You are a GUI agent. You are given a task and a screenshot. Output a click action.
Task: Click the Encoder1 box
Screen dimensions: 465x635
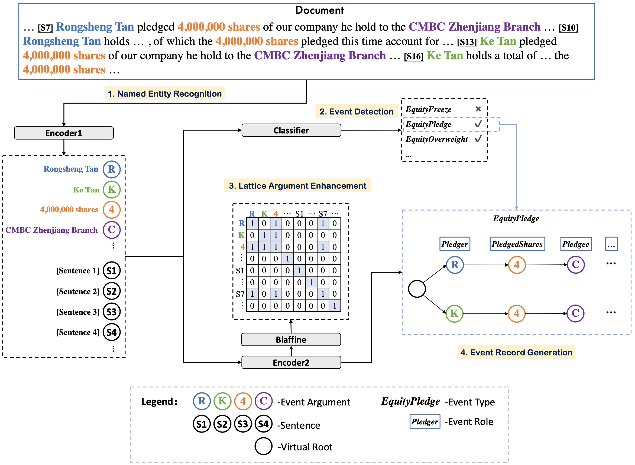[x=64, y=133]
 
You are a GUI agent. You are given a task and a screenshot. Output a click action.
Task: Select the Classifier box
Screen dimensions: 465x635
[x=291, y=130]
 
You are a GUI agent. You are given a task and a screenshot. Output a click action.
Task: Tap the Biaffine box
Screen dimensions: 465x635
[x=291, y=339]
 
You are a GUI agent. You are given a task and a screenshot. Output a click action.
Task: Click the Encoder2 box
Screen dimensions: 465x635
[x=291, y=362]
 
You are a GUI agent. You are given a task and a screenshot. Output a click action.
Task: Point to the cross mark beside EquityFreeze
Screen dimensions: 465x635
[x=478, y=109]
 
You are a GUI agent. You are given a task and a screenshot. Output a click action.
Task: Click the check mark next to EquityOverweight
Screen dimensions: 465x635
[x=478, y=139]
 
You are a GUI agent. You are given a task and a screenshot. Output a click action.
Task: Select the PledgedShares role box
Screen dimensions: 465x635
[x=517, y=244]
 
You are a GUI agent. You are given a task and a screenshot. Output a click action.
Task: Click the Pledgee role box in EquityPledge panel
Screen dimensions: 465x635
[x=575, y=244]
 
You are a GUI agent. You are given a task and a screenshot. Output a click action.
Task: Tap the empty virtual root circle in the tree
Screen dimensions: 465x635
[x=416, y=289]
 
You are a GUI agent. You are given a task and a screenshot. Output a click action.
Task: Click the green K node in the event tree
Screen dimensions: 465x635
[x=454, y=313]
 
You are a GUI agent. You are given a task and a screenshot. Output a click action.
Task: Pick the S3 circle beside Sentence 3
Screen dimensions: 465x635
[x=111, y=312]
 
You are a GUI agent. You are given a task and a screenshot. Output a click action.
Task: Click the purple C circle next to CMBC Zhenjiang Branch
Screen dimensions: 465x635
[x=111, y=230]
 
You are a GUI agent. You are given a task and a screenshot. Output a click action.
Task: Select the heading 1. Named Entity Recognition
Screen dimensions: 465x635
[x=164, y=93]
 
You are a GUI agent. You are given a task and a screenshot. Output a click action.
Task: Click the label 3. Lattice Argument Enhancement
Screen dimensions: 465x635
[x=297, y=185]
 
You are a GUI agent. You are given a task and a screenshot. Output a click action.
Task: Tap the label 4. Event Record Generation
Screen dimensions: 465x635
[x=516, y=352]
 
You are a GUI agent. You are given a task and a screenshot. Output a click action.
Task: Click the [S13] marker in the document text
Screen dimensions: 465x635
[x=466, y=42]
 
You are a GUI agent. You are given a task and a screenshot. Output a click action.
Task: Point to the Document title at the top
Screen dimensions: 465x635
[x=319, y=10]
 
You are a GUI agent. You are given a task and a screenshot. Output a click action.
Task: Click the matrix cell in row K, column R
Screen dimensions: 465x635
[x=252, y=235]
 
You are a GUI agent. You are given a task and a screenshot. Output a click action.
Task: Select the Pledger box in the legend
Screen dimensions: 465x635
[x=424, y=421]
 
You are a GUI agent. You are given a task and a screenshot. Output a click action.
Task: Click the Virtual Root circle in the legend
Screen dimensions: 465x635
[x=263, y=446]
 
